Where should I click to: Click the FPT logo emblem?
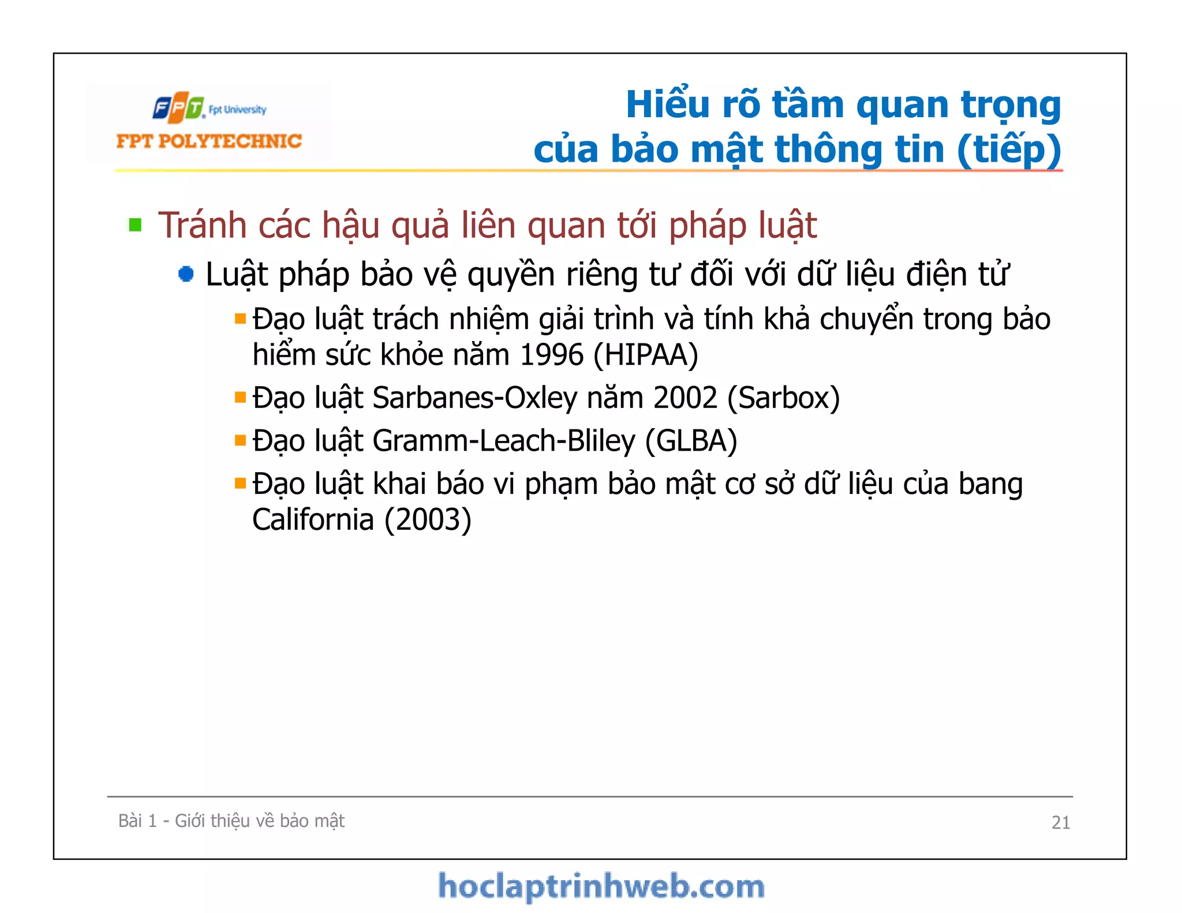coord(178,107)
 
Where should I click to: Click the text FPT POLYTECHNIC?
coord(209,141)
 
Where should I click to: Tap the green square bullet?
coord(136,224)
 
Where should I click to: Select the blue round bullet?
coord(186,274)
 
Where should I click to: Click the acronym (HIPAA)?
coord(646,354)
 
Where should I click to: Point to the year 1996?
coord(551,354)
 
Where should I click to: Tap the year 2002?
coord(685,398)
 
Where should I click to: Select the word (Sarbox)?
coord(783,398)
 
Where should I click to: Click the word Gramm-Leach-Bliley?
coord(503,441)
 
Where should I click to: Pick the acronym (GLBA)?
coord(691,441)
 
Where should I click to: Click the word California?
coord(313,519)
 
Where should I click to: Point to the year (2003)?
coord(428,519)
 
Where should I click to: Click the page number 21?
coord(1060,822)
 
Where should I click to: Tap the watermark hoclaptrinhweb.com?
coord(601,886)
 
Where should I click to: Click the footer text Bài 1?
coord(137,821)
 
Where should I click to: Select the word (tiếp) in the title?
coord(1009,149)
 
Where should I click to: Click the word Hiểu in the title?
coord(668,104)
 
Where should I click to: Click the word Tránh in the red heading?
coord(203,225)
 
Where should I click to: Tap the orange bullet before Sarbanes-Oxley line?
coord(240,397)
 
